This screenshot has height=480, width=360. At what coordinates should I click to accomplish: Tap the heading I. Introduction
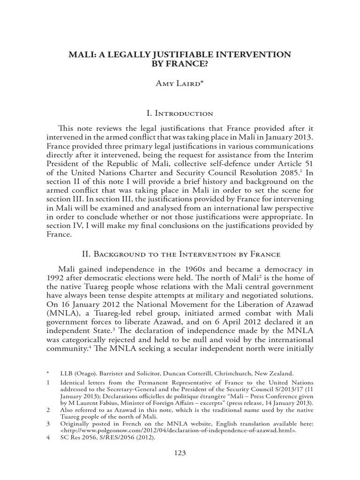tap(180, 113)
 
